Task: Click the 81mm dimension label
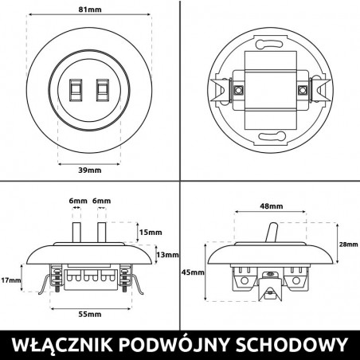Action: pos(90,10)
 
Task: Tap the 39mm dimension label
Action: pos(90,170)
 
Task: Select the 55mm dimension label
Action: pos(90,315)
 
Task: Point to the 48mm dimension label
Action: pos(272,206)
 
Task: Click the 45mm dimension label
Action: pos(193,272)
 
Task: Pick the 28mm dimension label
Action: pos(349,245)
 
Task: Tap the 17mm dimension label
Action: pos(11,280)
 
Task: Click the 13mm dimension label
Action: pos(167,255)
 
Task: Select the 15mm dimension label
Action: pos(151,233)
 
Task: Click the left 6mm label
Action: pos(78,201)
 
